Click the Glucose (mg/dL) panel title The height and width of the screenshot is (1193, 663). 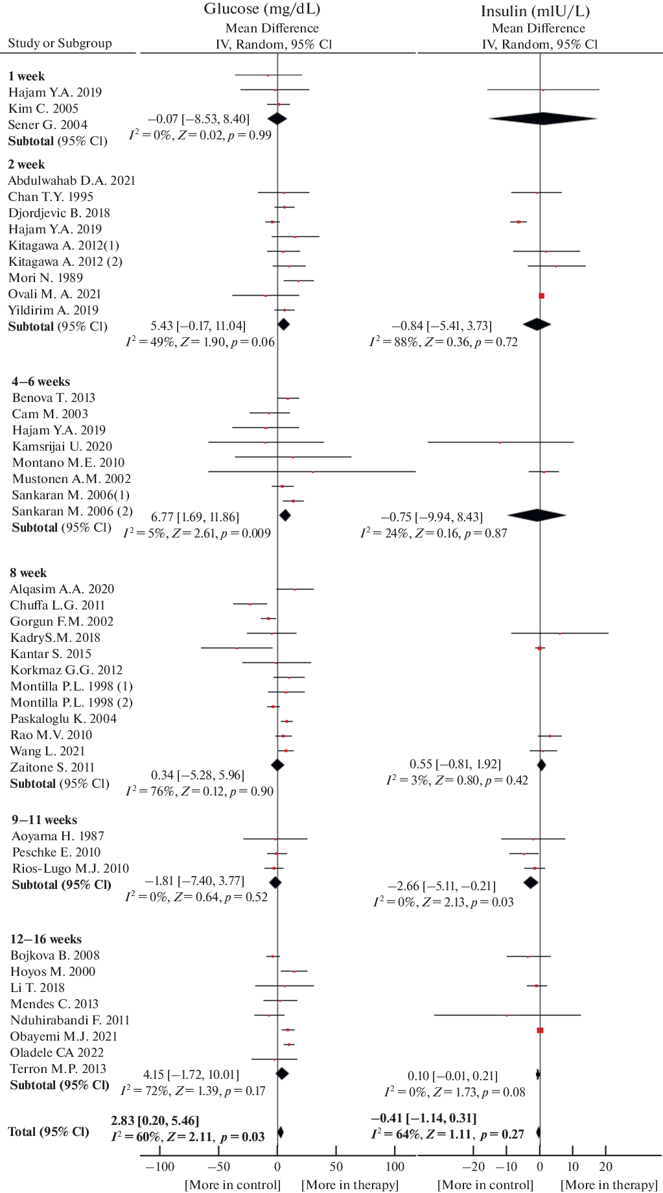point(262,9)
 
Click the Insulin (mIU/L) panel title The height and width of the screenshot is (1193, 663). point(535,11)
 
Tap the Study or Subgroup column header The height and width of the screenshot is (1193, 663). point(60,43)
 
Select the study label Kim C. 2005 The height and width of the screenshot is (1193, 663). point(43,109)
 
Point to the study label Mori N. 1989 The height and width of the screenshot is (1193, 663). point(45,278)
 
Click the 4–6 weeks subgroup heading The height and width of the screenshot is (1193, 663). point(41,382)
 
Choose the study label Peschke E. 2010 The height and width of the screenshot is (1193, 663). point(56,853)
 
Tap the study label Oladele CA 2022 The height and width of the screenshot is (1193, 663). point(57,1053)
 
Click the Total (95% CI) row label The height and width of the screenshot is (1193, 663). point(48,1132)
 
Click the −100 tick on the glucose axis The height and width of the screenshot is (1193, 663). point(159,1167)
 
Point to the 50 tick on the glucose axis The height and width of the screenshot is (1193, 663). point(336,1167)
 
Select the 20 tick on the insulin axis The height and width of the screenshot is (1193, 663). point(606,1167)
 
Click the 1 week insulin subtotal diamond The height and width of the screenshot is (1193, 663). point(542,119)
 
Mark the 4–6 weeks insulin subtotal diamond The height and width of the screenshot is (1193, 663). point(537,515)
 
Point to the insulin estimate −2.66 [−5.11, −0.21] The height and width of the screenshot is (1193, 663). point(441,886)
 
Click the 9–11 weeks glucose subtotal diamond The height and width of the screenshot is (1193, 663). point(275,882)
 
